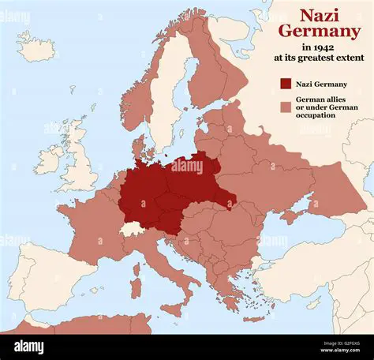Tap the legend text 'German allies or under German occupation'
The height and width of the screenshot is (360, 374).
click(324, 107)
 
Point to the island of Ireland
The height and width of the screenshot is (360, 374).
click(47, 158)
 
